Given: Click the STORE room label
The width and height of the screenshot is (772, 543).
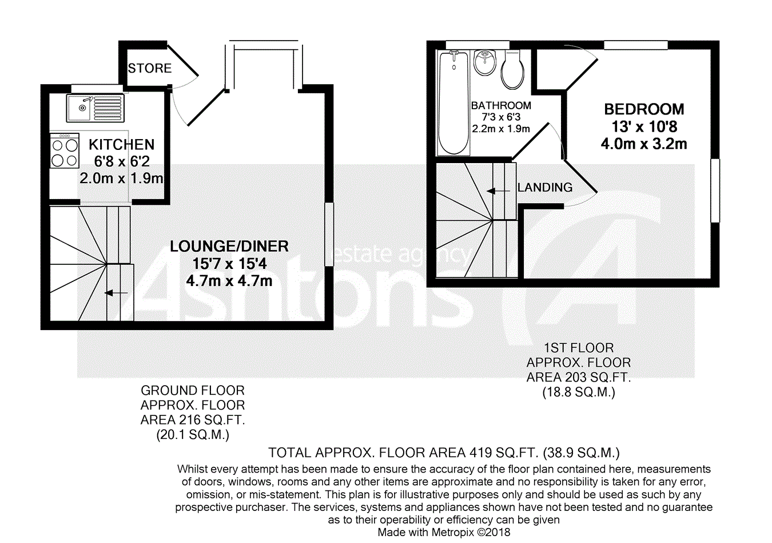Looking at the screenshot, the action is [150, 68].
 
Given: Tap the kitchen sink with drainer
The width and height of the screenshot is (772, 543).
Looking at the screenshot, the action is [95, 108].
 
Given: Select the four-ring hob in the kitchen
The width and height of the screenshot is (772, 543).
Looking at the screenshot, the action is [65, 150].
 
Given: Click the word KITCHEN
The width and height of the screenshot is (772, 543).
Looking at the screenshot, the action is [121, 145].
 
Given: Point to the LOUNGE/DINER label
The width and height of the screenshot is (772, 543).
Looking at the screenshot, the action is [229, 246].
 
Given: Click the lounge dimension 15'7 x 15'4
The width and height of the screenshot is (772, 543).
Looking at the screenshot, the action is [229, 264].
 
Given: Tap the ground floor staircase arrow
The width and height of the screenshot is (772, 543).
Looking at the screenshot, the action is [116, 293].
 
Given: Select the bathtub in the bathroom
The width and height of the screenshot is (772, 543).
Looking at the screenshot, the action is [453, 102].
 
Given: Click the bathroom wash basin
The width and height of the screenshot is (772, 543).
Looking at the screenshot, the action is [485, 62].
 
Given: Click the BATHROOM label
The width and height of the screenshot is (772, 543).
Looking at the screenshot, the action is [501, 105].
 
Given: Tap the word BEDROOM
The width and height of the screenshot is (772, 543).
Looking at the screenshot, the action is [644, 109].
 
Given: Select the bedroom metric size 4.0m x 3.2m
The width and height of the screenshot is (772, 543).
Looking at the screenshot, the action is [644, 144].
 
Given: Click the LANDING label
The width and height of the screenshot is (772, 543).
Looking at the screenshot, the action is [545, 188].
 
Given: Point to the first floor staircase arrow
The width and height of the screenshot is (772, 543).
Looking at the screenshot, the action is [498, 191].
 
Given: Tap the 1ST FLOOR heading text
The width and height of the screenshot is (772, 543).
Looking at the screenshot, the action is [579, 348].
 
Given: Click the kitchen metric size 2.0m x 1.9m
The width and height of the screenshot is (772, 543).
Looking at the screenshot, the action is [121, 179].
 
